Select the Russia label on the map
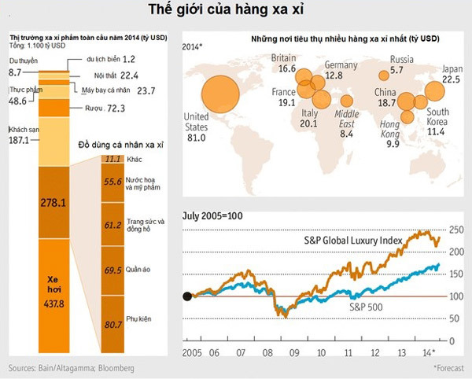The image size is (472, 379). point(401,59)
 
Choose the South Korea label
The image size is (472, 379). point(438,116)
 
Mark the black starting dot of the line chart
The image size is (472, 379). point(187,296)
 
